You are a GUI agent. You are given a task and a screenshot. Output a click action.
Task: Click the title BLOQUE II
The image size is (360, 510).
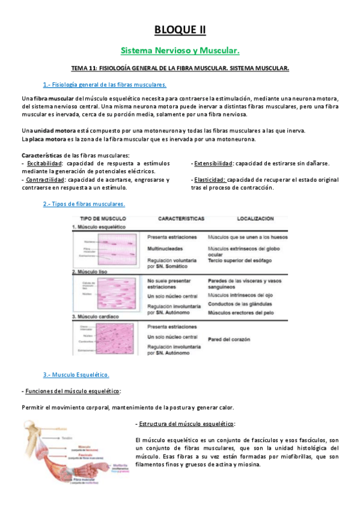[x=180, y=28]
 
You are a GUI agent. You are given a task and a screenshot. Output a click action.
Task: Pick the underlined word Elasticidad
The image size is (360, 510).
[x=209, y=179]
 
